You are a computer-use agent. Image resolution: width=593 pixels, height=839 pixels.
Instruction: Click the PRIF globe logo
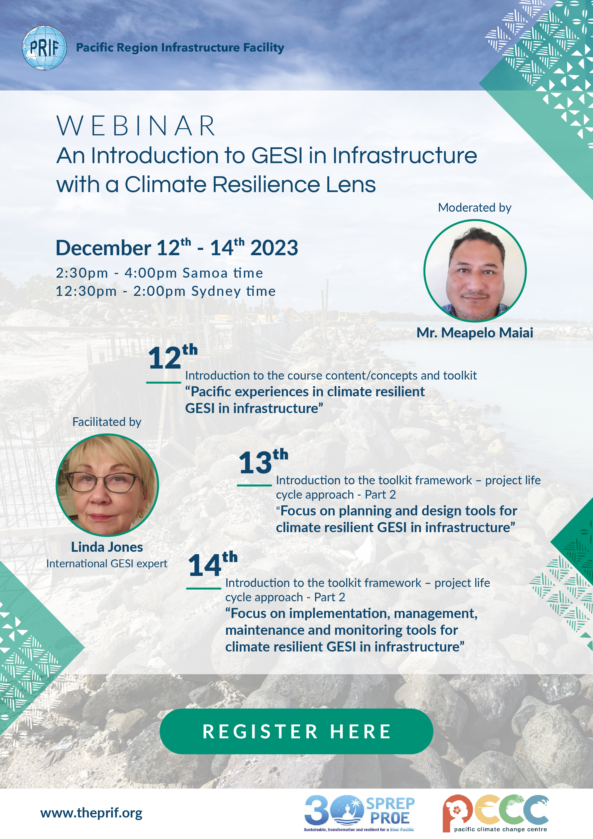coord(44,48)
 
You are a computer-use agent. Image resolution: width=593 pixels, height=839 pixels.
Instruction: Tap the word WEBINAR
coord(136,126)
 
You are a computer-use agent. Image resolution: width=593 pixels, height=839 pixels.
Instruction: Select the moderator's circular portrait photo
coord(475,271)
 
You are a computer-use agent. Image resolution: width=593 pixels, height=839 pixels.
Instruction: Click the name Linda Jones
coord(107,547)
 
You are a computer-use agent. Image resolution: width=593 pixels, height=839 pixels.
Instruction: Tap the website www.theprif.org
coord(91,813)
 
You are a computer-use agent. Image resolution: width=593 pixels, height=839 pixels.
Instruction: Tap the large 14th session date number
coord(213,563)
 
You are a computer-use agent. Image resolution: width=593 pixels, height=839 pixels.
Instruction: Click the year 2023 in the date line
coord(274,248)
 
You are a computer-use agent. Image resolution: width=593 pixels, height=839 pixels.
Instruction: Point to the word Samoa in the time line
coord(205,273)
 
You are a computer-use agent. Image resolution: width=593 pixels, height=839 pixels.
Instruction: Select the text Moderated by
coord(475,208)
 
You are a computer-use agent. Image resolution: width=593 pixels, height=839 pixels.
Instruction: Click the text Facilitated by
coord(107,422)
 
